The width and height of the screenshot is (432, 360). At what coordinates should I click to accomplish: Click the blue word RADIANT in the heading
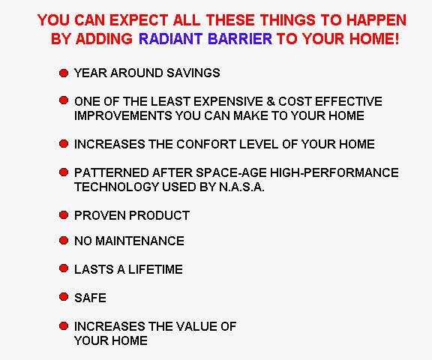pos(171,38)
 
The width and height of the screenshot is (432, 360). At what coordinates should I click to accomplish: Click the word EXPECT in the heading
pos(139,20)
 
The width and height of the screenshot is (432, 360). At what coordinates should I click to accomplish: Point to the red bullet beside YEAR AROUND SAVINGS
pos(64,73)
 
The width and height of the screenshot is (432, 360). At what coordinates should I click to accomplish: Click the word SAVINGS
pos(193,73)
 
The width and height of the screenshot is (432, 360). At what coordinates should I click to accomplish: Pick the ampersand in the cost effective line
pos(271,101)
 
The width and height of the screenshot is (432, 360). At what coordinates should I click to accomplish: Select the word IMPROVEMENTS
pos(123,115)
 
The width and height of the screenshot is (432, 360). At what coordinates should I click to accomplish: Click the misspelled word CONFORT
pos(206,144)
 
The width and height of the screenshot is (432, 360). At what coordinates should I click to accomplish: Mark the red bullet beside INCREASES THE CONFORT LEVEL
pos(64,144)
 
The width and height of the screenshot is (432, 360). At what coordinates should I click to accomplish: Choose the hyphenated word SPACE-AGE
pos(232,172)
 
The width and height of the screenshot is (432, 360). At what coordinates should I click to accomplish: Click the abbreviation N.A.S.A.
pos(241,187)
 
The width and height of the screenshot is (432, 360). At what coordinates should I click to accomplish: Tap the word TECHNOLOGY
pos(117,187)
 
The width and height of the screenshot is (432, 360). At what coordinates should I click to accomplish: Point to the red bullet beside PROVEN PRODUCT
pos(64,214)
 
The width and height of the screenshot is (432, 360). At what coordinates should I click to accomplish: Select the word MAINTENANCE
pos(139,241)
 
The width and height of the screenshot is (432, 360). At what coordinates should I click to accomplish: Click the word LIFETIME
pos(155,269)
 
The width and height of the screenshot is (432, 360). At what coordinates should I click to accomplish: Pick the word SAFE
pos(90,298)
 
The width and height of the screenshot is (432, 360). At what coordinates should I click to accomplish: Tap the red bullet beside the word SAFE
pos(64,297)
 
